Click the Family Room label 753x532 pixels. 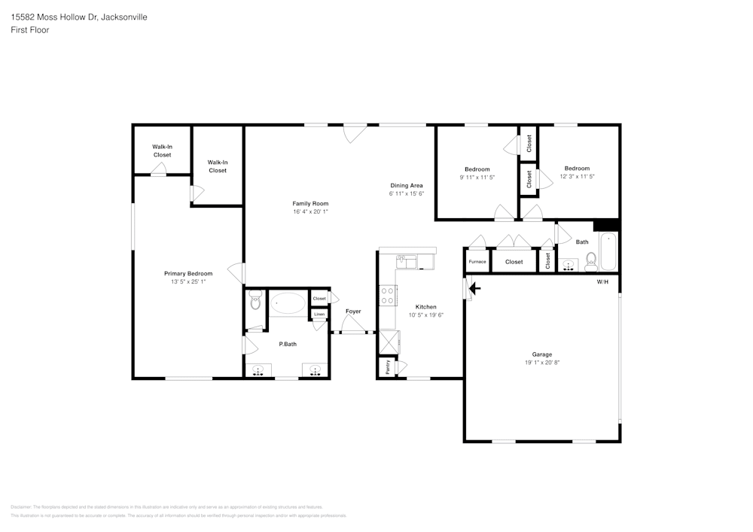coord(310,203)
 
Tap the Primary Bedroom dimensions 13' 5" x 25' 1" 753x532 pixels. coord(188,281)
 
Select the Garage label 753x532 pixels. coord(542,354)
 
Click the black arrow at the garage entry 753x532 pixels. coord(474,287)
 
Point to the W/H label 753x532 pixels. coord(602,282)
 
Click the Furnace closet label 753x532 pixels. coord(477,262)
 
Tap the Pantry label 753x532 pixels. coord(388,367)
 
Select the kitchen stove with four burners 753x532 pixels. coord(389,296)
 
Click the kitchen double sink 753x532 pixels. coord(407,262)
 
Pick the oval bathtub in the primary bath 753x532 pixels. coord(288,304)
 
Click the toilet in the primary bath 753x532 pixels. coord(255,302)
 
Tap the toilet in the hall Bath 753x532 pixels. coord(591,261)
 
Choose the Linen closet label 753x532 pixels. coord(319,315)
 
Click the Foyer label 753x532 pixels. coord(353,312)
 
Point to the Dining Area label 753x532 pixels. coord(407,185)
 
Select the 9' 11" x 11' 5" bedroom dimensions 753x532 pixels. coord(477,178)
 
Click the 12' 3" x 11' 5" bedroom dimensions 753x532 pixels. coord(578,177)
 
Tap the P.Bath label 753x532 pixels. coord(286,344)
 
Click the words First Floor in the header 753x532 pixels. coord(30,30)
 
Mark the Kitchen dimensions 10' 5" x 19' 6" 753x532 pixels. coord(425,315)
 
